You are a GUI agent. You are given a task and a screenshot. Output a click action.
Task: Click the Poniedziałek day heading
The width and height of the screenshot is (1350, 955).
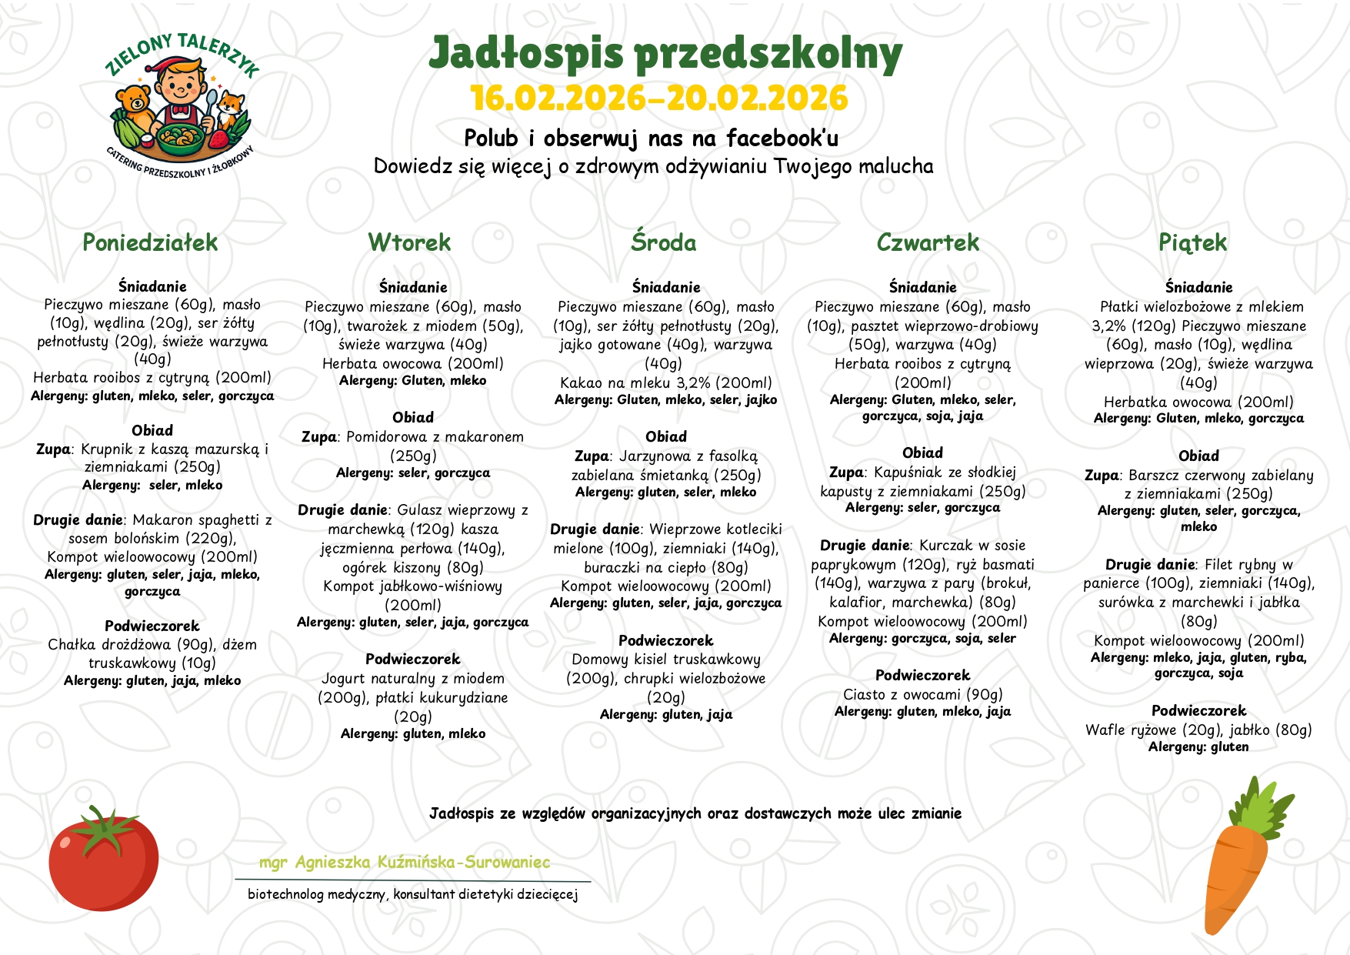[150, 243]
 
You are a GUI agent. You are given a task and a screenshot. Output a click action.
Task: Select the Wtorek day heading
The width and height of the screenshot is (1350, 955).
[409, 243]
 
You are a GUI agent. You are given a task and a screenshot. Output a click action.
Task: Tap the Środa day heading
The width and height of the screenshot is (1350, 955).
[664, 243]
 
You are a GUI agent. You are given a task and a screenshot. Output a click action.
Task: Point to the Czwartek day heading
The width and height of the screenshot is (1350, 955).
[928, 243]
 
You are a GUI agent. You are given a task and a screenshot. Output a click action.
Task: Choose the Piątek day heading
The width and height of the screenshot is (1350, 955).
[1192, 243]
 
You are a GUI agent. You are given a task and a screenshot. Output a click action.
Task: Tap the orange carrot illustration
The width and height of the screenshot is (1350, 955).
[1238, 862]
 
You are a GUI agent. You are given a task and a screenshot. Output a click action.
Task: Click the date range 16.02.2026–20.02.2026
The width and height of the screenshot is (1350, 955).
[659, 99]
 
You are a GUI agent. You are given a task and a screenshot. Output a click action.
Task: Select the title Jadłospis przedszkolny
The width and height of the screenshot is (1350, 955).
[665, 54]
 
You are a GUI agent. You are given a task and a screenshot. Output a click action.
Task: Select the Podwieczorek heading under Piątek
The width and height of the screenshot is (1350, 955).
[1198, 711]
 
